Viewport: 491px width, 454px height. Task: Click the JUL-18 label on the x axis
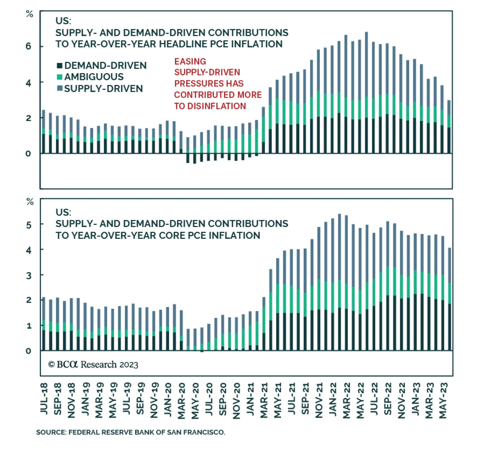pos(44,399)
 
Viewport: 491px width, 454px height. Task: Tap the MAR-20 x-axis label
pos(182,400)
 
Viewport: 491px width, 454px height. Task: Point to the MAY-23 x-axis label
pos(443,400)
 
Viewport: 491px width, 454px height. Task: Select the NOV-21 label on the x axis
pos(319,400)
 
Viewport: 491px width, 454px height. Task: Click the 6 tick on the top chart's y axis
pos(29,46)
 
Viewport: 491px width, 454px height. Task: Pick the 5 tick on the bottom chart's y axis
pos(29,225)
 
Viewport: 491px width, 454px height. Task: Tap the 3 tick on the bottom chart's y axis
pos(29,276)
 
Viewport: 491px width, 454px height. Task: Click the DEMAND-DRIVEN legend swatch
pos(60,65)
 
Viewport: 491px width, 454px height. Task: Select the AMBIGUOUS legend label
pos(94,77)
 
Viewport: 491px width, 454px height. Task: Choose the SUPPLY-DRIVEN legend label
pos(103,89)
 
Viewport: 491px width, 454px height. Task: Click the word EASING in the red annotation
pos(190,61)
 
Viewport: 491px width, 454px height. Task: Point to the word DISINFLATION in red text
pos(217,106)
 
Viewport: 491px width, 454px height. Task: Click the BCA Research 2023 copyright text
pos(93,364)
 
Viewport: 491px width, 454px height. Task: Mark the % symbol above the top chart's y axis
pos(29,14)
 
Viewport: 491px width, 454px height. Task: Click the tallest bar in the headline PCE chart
pos(366,92)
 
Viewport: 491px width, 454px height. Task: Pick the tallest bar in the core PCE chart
pos(339,282)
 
